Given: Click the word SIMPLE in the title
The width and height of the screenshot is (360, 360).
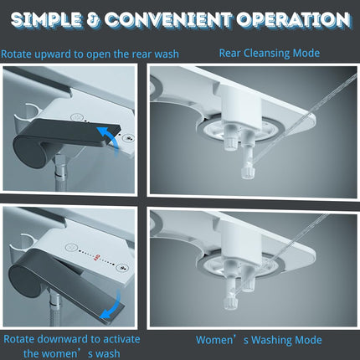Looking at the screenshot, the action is (x=47, y=20).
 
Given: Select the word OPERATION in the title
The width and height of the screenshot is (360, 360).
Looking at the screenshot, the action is (x=293, y=20).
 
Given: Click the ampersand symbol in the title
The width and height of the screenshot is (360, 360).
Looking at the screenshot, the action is (x=94, y=20).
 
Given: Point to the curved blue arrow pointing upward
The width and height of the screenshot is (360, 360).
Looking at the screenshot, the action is (x=111, y=136).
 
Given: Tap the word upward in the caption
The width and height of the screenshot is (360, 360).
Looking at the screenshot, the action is (x=53, y=54).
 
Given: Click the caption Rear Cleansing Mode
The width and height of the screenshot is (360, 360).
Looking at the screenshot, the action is (x=270, y=53).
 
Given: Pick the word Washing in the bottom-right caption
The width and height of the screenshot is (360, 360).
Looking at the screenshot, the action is (x=271, y=340).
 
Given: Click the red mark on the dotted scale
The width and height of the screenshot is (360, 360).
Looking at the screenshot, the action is (x=98, y=256).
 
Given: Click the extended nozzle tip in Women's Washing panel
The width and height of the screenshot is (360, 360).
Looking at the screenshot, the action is (x=230, y=303).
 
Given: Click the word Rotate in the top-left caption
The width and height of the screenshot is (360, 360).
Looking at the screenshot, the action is (x=17, y=54).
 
